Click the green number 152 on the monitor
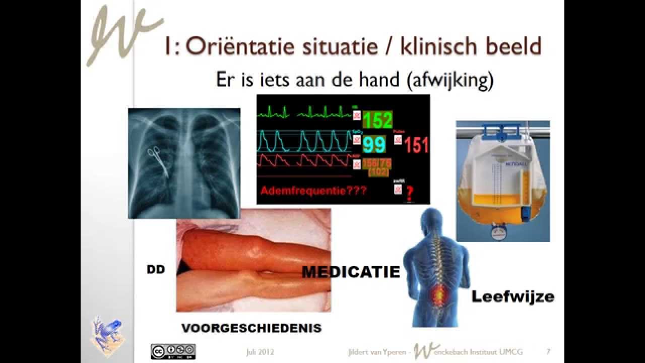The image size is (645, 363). pos(377,120)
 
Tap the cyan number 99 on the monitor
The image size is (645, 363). pos(374,145)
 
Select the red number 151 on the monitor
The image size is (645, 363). pos(417,145)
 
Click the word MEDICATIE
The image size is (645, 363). pos(351,272)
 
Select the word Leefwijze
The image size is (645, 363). pos(512,296)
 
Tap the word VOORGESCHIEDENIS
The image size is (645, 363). pos(251,328)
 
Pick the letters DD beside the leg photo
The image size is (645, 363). pos(156,270)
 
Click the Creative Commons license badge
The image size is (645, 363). pos(173,351)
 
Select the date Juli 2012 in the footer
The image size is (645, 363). pos(260,351)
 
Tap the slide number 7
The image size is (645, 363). pos(548,351)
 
